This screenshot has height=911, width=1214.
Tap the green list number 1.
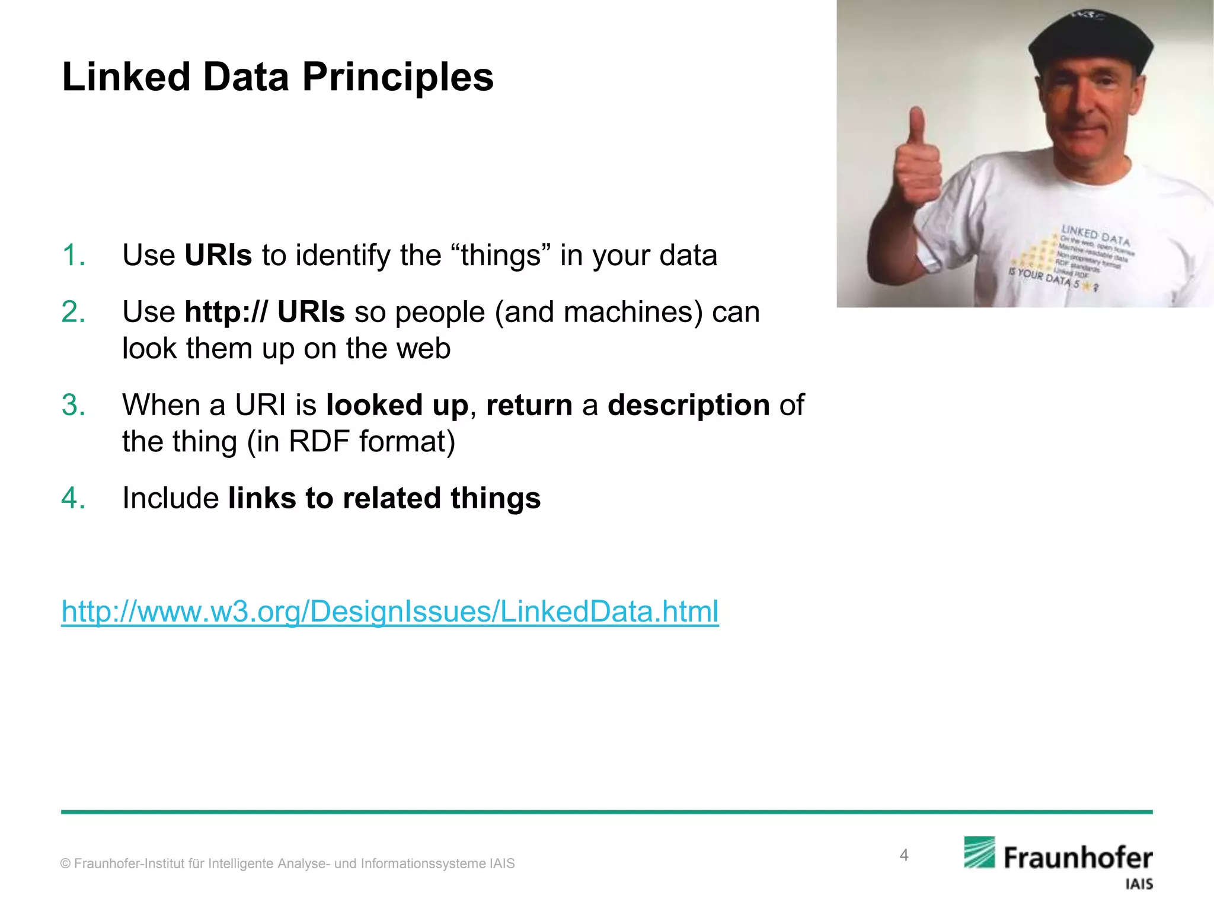coord(74,256)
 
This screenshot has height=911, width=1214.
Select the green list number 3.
coord(74,406)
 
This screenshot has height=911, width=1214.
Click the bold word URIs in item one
coord(218,256)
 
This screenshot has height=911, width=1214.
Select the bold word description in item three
coord(688,406)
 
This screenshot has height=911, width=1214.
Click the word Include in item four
coord(171,498)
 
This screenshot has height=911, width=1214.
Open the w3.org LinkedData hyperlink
coord(389,611)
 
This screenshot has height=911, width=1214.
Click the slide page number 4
coord(903,855)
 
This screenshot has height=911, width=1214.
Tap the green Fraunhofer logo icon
coord(979,852)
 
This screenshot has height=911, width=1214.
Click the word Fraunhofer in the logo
coord(1078,858)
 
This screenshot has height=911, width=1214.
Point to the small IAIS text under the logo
coord(1139,884)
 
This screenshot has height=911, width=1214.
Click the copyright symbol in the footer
coord(65,864)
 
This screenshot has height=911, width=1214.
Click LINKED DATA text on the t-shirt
coord(1095,235)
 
